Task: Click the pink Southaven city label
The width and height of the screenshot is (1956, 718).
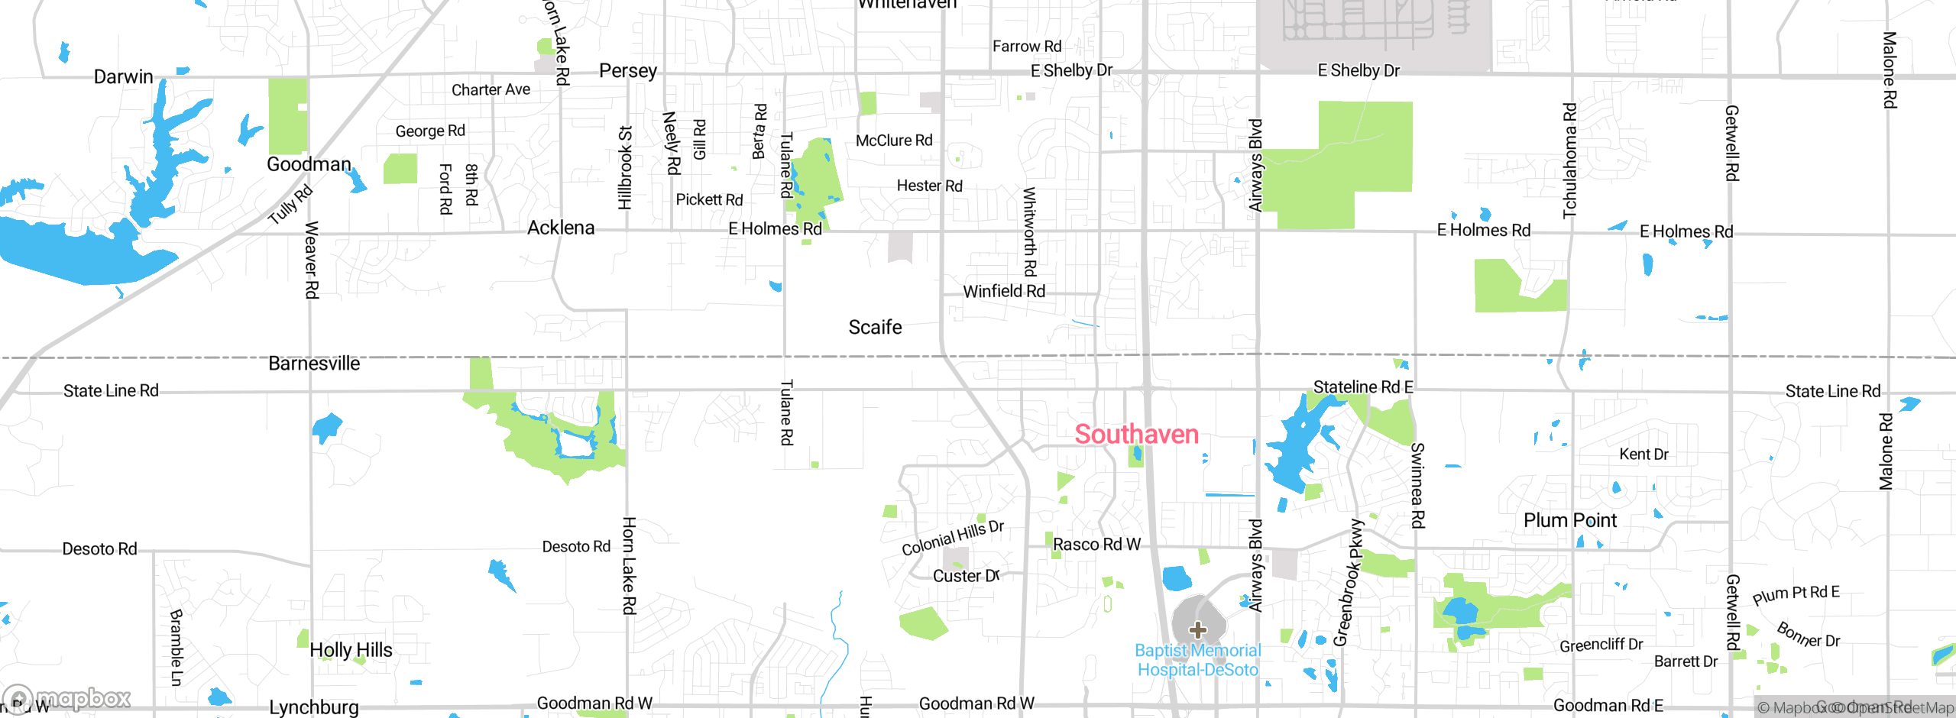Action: [x=1136, y=434]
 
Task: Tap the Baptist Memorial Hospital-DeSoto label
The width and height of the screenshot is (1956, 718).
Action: [x=1197, y=660]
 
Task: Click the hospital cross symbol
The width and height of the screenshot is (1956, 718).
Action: [x=1197, y=630]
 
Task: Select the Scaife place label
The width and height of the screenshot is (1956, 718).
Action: [x=875, y=327]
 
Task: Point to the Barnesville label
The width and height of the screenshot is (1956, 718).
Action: [x=314, y=364]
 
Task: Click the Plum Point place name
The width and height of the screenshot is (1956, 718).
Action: [x=1569, y=520]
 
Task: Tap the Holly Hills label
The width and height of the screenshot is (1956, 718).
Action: [x=351, y=650]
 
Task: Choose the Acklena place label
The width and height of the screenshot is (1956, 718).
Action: [x=560, y=228]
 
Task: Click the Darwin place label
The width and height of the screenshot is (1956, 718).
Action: [x=123, y=76]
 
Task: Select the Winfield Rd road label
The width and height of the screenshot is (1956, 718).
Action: [x=1003, y=291]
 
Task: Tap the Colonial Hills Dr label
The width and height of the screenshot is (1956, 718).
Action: [x=952, y=538]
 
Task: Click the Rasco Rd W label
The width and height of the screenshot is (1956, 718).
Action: [x=1096, y=544]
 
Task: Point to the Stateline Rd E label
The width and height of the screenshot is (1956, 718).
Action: [x=1362, y=386]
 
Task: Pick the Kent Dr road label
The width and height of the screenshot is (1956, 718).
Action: [x=1643, y=454]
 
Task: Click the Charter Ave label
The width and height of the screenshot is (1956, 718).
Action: [x=491, y=89]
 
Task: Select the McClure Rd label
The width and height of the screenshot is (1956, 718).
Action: [x=894, y=141]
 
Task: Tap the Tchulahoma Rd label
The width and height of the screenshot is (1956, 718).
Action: [x=1569, y=160]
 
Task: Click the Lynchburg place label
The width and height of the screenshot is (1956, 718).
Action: [x=313, y=707]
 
